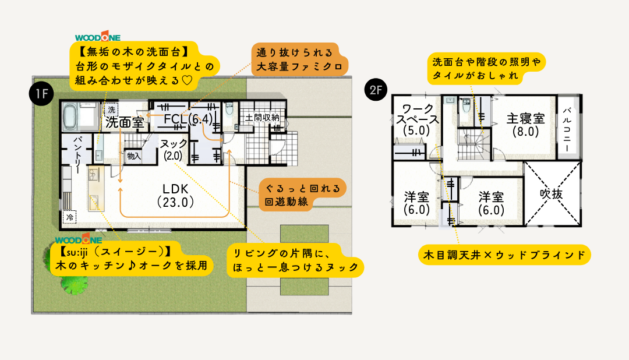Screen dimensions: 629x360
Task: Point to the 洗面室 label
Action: click(125, 122)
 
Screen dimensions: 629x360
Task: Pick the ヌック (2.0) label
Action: click(174, 149)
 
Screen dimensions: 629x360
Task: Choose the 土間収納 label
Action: click(263, 117)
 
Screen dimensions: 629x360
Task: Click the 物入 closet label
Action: click(133, 156)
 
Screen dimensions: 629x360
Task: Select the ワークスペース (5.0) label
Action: click(416, 120)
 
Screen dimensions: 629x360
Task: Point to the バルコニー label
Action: click(567, 129)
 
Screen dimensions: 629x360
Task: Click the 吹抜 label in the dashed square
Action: click(552, 194)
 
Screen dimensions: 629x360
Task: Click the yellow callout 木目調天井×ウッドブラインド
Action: click(505, 255)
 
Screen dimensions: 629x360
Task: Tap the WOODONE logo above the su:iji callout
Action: click(79, 239)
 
